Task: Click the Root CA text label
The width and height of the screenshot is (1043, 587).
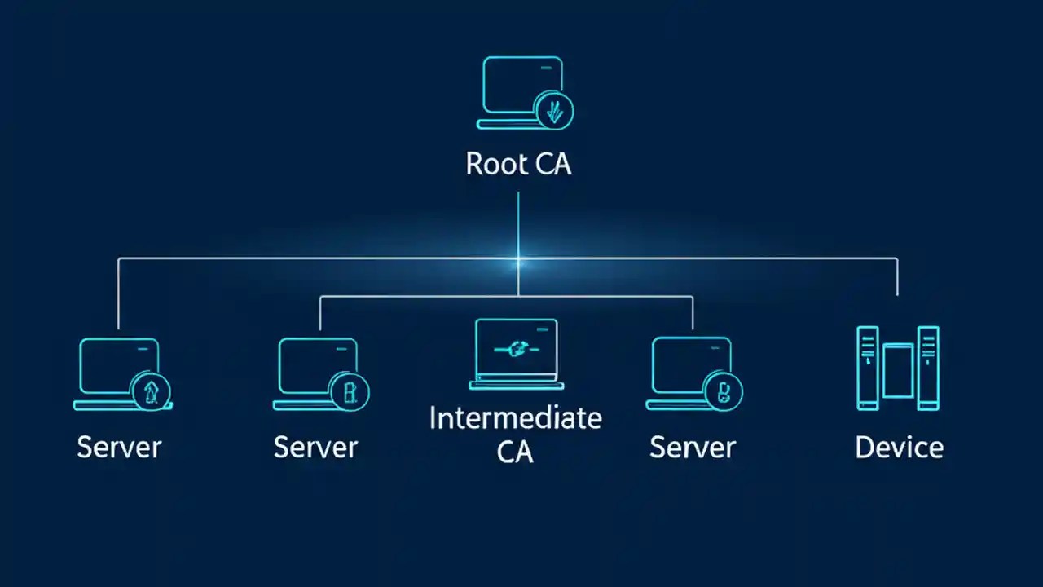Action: tap(518, 164)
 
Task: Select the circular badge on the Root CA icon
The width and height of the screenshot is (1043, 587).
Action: tap(554, 110)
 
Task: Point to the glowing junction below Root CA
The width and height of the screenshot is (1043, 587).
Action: tap(518, 261)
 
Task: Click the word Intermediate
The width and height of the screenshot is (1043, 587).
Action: tap(515, 418)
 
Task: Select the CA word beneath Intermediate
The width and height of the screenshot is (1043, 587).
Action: tap(515, 452)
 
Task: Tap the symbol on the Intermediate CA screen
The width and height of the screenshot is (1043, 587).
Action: tap(517, 349)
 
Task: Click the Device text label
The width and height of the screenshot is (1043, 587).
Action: tap(899, 447)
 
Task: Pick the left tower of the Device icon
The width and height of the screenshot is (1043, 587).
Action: tap(868, 367)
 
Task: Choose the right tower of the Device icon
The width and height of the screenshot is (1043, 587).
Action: tap(928, 367)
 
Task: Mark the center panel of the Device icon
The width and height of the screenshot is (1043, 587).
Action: tap(898, 371)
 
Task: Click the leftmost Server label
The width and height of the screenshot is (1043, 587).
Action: tap(119, 447)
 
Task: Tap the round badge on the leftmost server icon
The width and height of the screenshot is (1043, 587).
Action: tap(151, 393)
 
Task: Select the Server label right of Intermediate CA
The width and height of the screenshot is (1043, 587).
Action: tap(692, 447)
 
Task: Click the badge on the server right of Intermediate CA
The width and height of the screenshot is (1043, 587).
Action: tap(722, 393)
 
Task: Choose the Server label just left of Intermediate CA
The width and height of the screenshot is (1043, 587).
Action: tap(315, 447)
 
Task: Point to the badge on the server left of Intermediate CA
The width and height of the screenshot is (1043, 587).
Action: tap(350, 393)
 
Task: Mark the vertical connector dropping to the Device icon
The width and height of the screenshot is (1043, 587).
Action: tap(897, 277)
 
